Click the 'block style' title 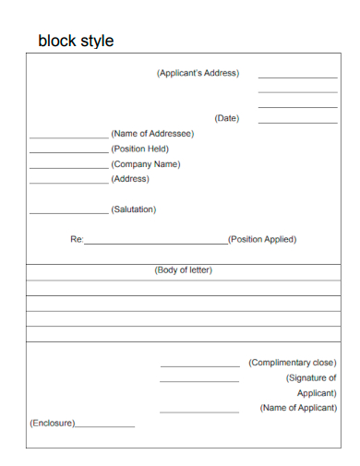pyautogui.click(x=76, y=42)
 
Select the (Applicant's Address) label pyautogui.click(x=198, y=73)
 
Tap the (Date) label pyautogui.click(x=226, y=118)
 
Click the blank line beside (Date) pyautogui.click(x=297, y=122)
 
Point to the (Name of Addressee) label pyautogui.click(x=152, y=133)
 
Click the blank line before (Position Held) pyautogui.click(x=68, y=152)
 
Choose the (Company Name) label pyautogui.click(x=146, y=164)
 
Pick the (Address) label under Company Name pyautogui.click(x=130, y=179)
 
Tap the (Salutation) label pyautogui.click(x=134, y=209)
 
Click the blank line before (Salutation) pyautogui.click(x=68, y=213)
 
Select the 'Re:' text pyautogui.click(x=77, y=240)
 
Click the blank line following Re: pyautogui.click(x=155, y=243)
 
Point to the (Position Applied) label pyautogui.click(x=262, y=239)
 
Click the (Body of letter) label pyautogui.click(x=183, y=270)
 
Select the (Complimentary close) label pyautogui.click(x=293, y=363)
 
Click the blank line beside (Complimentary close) pyautogui.click(x=198, y=366)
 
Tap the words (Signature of pyautogui.click(x=311, y=377)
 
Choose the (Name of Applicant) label pyautogui.click(x=298, y=408)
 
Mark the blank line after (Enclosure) pyautogui.click(x=104, y=426)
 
